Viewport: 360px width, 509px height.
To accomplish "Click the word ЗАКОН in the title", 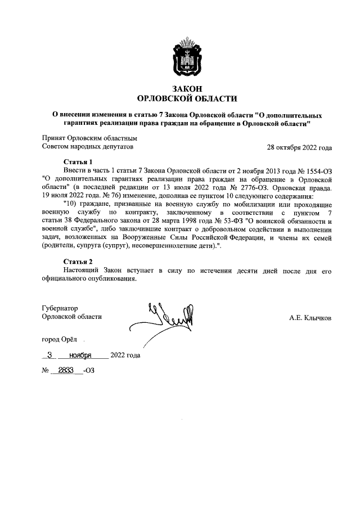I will coord(188,89).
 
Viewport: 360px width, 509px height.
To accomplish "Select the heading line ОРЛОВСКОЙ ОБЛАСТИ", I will coord(188,99).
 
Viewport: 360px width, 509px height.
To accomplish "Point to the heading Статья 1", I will coord(78,161).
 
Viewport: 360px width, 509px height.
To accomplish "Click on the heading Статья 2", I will coord(78,262).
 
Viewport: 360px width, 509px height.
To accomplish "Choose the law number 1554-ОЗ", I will coord(317,170).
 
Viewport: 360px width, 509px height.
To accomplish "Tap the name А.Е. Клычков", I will coord(310,318).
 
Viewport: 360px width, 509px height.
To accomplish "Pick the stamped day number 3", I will coord(51,355).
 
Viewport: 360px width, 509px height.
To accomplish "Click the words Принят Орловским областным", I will coord(90,138).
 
